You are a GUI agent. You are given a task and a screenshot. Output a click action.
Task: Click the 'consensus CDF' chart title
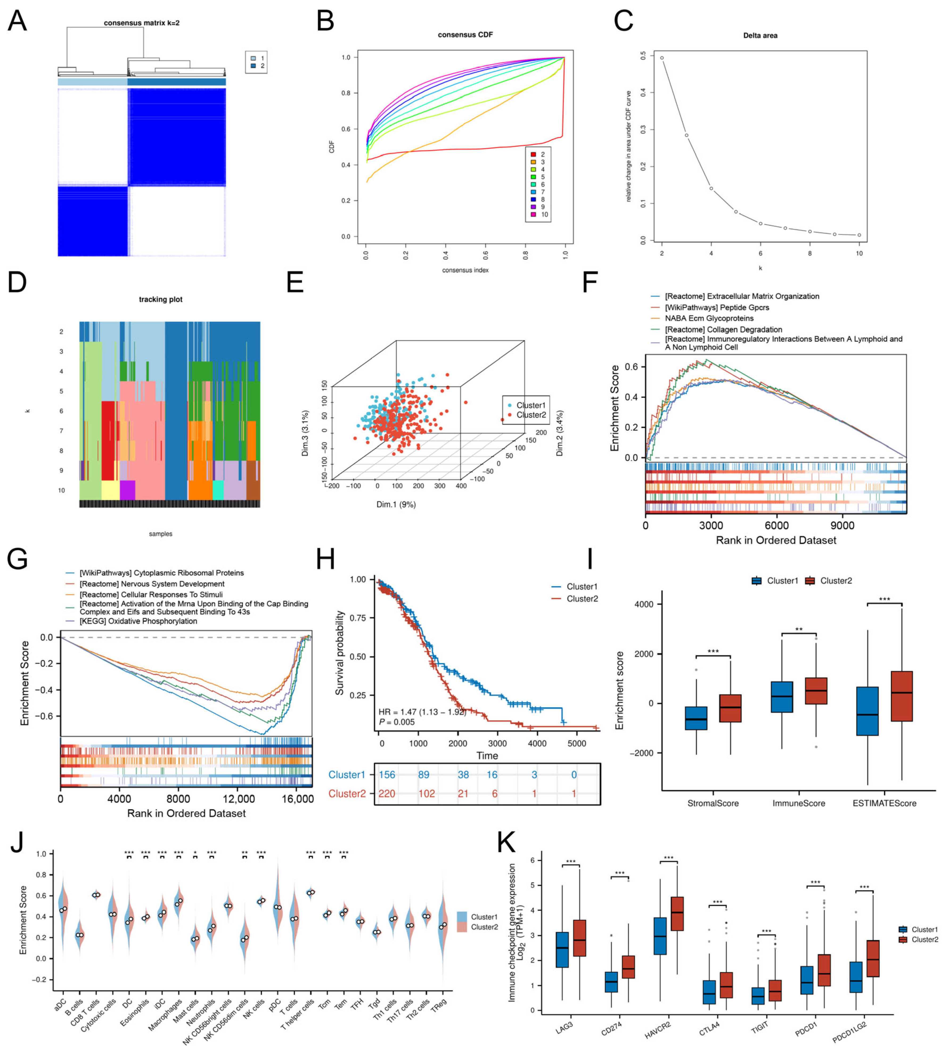(x=465, y=35)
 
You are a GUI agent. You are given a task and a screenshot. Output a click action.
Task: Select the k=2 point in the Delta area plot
(x=662, y=58)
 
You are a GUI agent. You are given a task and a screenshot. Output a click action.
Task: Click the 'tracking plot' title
(x=161, y=299)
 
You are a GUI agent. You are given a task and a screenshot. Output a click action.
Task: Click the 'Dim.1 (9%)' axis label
(x=396, y=504)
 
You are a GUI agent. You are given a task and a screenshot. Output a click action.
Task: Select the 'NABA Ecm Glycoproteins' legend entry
(x=709, y=318)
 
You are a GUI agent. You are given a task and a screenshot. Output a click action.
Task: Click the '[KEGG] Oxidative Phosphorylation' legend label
(x=138, y=621)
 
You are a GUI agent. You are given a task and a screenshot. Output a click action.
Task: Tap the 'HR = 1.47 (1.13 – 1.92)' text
(x=422, y=712)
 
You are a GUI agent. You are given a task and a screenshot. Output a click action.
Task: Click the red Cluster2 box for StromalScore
(x=730, y=708)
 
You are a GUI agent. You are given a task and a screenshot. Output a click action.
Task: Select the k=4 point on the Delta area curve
(x=711, y=188)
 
